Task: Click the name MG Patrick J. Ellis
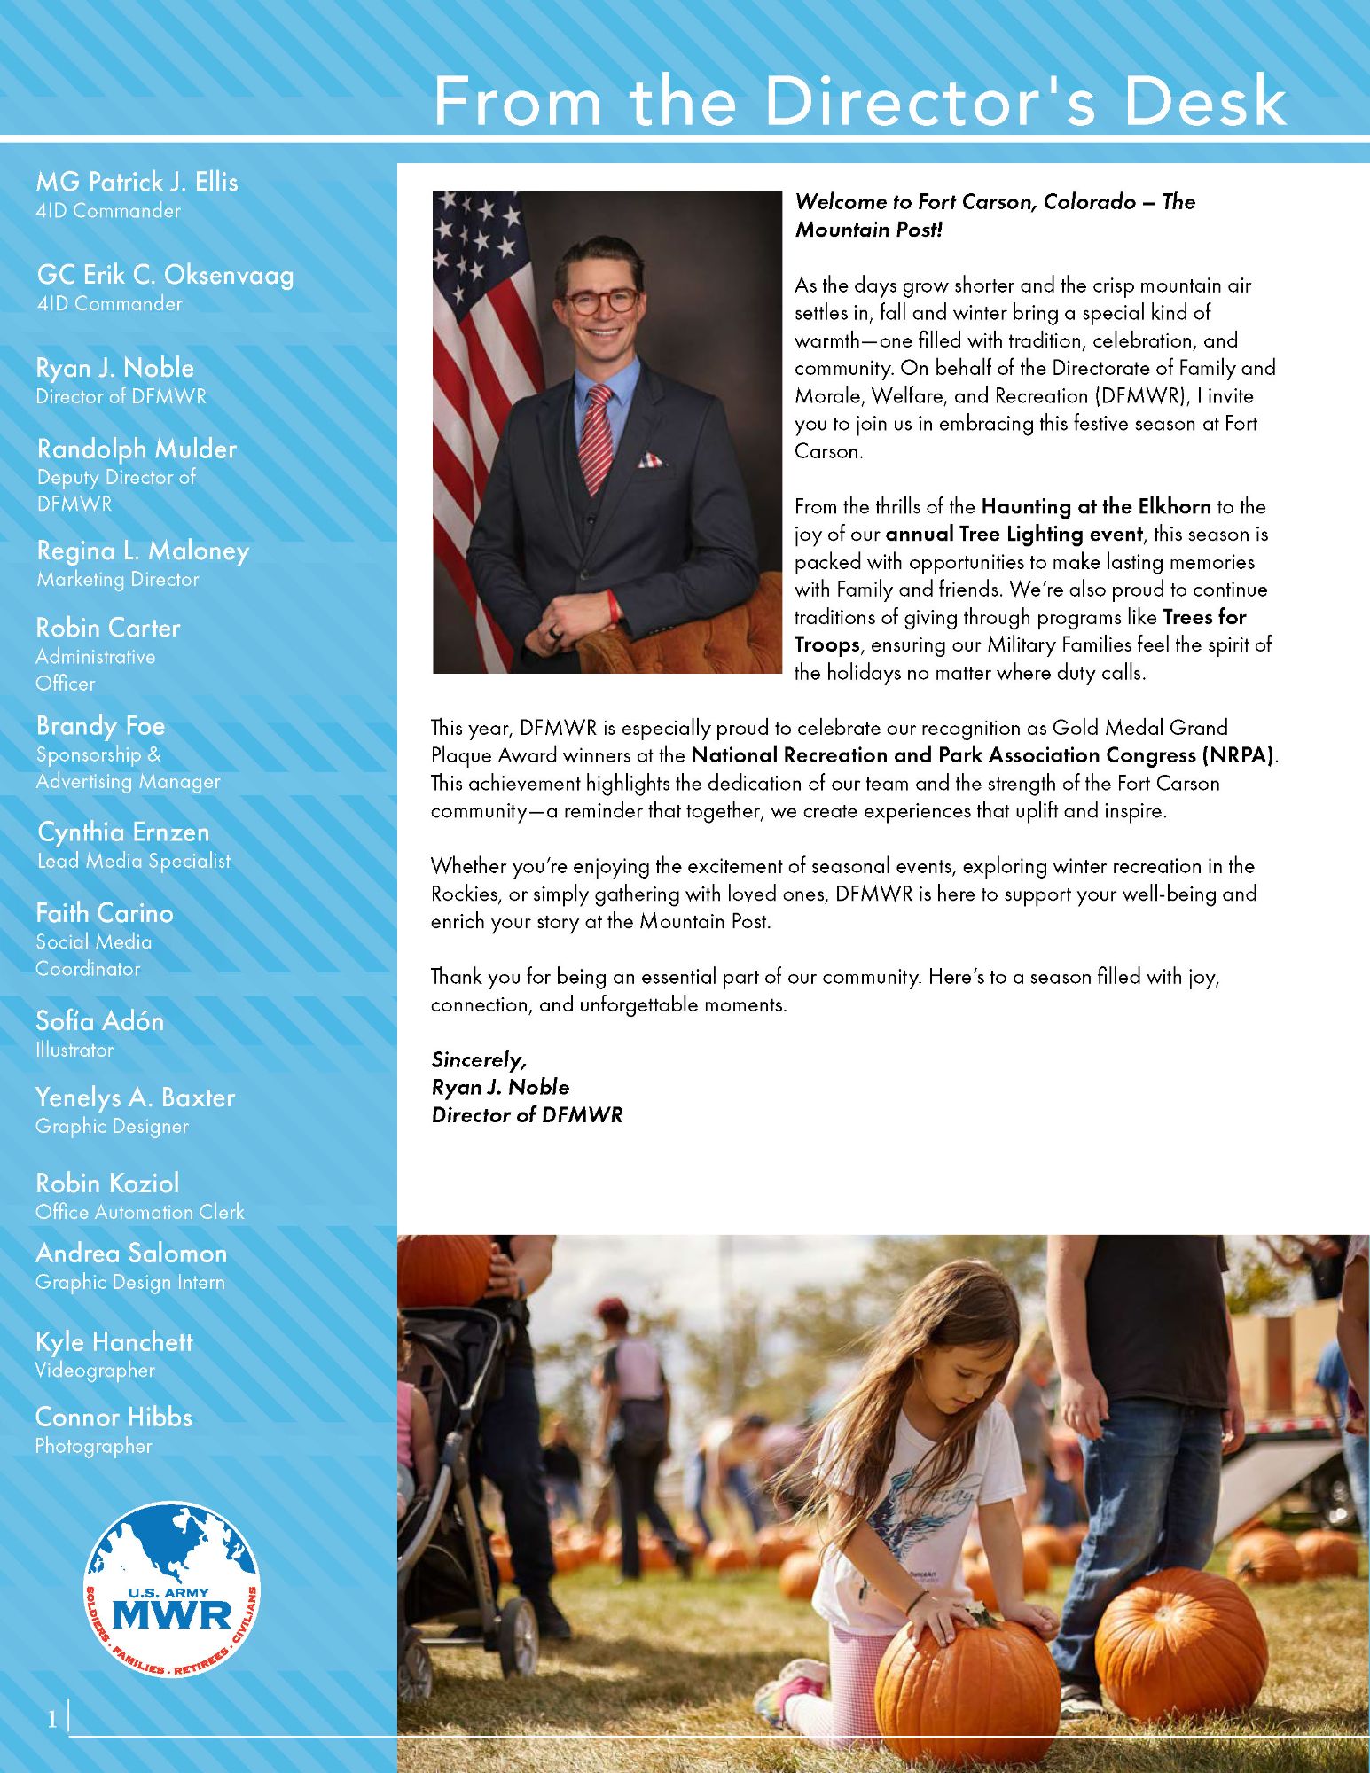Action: coord(137,182)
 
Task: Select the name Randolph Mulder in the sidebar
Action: coord(137,449)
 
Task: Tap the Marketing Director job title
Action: coord(118,580)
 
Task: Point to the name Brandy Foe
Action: coord(100,726)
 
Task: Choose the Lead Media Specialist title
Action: coord(134,861)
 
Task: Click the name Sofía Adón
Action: coord(99,1021)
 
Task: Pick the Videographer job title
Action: coord(95,1371)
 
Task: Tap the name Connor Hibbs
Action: coord(114,1417)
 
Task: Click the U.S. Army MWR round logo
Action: coord(171,1589)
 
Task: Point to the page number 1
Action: coord(52,1720)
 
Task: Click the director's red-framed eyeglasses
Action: coord(602,301)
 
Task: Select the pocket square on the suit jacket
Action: coord(649,460)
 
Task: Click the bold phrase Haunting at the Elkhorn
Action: coord(1096,506)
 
